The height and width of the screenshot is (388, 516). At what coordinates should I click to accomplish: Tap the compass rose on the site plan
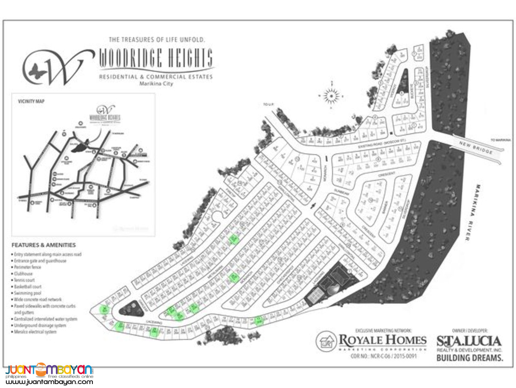pos(332,96)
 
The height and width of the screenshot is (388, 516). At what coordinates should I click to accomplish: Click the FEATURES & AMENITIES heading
pos(44,245)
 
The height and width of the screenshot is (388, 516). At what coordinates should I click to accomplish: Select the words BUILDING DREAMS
pos(469,358)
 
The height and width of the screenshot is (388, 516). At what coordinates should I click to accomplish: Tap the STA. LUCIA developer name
pos(469,340)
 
